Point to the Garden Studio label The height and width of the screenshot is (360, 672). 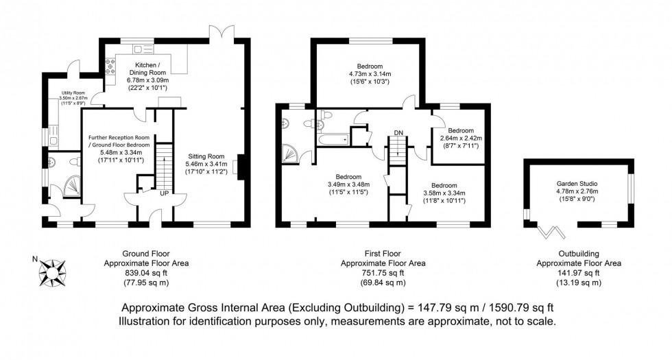click(577, 184)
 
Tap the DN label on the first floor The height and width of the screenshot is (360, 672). click(398, 132)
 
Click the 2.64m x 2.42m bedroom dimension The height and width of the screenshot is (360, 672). click(461, 138)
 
